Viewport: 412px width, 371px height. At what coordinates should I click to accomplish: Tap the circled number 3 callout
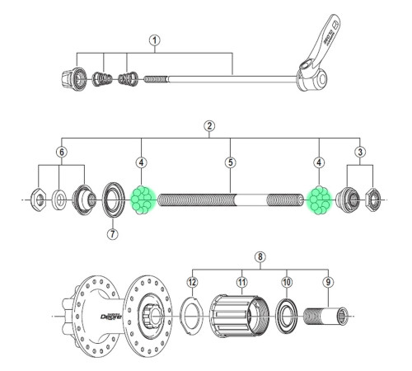pyautogui.click(x=360, y=153)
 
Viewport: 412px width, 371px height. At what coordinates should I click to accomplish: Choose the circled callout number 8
pyautogui.click(x=261, y=256)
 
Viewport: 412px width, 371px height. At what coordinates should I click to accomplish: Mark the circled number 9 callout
pyautogui.click(x=329, y=281)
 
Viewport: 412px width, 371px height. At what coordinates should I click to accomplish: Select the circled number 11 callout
pyautogui.click(x=241, y=281)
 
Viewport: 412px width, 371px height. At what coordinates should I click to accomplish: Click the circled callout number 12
pyautogui.click(x=191, y=281)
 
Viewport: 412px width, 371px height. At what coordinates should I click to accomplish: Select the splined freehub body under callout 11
pyautogui.click(x=238, y=317)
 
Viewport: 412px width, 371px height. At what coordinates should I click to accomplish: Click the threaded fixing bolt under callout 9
pyautogui.click(x=325, y=317)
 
